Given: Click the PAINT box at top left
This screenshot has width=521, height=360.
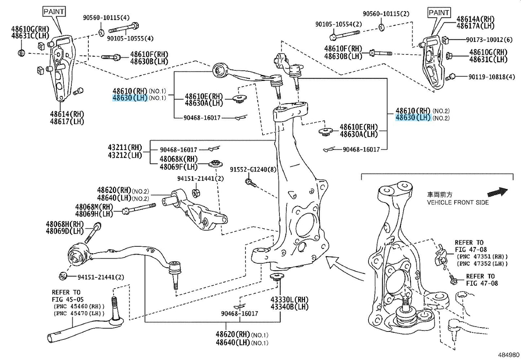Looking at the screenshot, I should coord(54,12).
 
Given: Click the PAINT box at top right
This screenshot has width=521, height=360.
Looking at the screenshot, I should coord(439,12).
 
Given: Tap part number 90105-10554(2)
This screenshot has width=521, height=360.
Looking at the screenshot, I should coord(339,24).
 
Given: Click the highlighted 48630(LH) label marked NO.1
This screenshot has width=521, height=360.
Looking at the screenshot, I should coord(130,98).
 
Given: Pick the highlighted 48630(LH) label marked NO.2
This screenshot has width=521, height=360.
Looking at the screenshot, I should coord(413,118).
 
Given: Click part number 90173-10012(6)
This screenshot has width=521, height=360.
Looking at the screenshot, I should coord(489,40).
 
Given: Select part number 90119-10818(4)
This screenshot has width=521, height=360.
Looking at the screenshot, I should coord(491,77).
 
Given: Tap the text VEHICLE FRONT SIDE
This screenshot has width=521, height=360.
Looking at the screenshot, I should coord(458,202).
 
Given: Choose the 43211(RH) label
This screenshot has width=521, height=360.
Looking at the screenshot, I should coord(125,147).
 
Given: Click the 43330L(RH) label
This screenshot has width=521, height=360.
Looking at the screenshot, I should coord(290,300).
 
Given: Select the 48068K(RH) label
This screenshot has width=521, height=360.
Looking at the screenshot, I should coord(178,159).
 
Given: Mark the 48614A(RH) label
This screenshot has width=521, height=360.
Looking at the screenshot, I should coord(476,19).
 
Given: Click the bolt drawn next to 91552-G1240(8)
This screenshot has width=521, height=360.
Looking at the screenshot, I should coord(250,182).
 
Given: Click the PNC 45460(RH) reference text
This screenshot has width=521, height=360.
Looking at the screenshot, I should coord(79,307).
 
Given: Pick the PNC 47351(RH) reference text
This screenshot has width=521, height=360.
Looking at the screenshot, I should coord(482,257).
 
